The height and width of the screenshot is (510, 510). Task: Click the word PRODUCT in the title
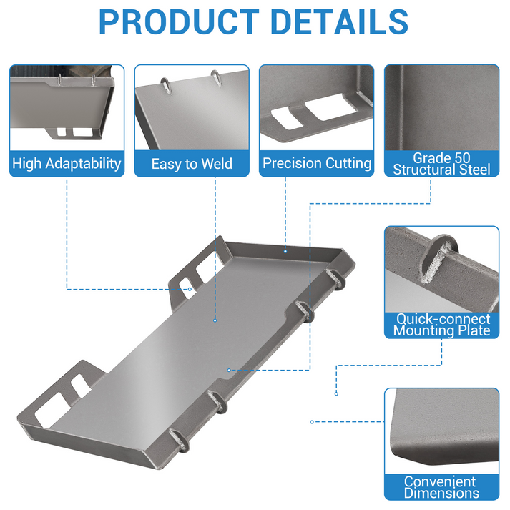(x=179, y=21)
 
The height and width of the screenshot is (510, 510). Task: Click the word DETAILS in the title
(x=339, y=21)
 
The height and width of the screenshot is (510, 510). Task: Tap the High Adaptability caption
(x=67, y=164)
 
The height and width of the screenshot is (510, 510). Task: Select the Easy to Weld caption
(x=192, y=164)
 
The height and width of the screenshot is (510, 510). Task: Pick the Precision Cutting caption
(x=317, y=163)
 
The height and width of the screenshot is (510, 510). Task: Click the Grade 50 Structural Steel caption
(x=441, y=164)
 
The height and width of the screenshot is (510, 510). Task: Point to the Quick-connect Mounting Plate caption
(x=441, y=325)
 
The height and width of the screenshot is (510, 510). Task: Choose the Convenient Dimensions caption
(x=441, y=487)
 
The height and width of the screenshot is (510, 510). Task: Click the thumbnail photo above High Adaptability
(x=67, y=108)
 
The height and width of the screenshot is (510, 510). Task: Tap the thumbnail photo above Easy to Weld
(x=192, y=108)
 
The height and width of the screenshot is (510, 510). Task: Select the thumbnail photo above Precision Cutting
(x=317, y=108)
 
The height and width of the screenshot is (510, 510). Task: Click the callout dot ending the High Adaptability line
(x=190, y=289)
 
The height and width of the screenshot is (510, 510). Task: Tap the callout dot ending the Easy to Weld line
(x=215, y=320)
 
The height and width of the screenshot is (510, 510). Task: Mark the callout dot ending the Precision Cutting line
(x=285, y=251)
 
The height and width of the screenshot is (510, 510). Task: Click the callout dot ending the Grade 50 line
(x=229, y=370)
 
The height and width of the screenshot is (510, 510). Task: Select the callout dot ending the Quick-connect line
(x=336, y=394)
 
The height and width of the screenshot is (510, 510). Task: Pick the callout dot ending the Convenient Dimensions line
(x=312, y=422)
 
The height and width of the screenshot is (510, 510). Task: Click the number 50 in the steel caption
(x=462, y=158)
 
